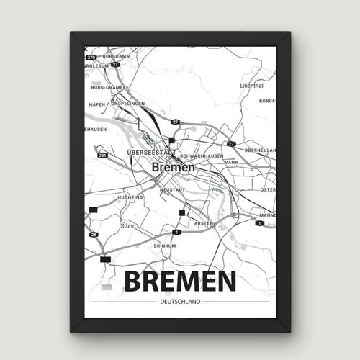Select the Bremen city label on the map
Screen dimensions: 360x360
pyautogui.click(x=173, y=166)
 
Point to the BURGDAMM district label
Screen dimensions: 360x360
pyautogui.click(x=117, y=55)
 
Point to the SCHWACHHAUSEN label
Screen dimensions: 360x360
pyautogui.click(x=203, y=155)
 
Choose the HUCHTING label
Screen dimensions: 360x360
pyautogui.click(x=131, y=197)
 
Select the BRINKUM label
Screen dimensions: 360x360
pyautogui.click(x=165, y=246)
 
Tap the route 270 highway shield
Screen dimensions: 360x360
pyautogui.click(x=91, y=56)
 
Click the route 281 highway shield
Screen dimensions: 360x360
pyautogui.click(x=103, y=154)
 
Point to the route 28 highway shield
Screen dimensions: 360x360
pyautogui.click(x=94, y=235)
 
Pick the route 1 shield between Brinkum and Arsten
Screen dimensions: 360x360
pyautogui.click(x=176, y=232)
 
